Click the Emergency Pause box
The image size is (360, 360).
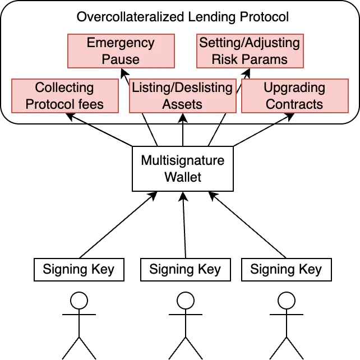point(121,50)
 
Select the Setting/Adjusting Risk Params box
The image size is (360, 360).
point(250,50)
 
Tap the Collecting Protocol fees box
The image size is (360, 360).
point(64,95)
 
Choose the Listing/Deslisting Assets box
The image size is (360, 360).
point(182,95)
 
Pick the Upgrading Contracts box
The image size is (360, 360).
point(294,95)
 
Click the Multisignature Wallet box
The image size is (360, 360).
point(182,169)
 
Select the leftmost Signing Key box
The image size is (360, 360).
point(79,270)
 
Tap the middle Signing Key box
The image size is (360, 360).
point(184,270)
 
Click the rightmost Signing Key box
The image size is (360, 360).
point(286,270)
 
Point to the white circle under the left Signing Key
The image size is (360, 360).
point(79,301)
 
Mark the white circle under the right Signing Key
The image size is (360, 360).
point(287,301)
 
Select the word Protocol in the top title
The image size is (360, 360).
point(264,17)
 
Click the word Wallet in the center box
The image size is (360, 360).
point(182,177)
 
